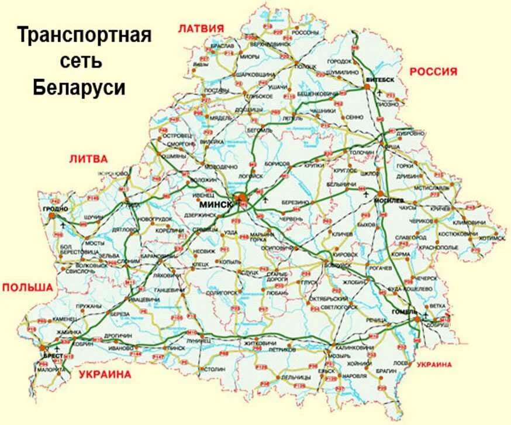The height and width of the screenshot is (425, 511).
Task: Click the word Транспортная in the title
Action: point(84,35)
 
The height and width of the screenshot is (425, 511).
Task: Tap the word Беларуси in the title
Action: point(79,88)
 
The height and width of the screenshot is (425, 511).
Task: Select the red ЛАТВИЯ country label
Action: point(202,28)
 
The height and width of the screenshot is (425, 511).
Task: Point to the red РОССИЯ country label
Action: point(433,71)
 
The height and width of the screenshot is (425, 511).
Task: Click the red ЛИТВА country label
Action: point(88,159)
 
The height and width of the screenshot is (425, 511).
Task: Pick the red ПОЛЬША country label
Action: point(27,287)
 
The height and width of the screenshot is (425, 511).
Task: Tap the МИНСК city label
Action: point(215,205)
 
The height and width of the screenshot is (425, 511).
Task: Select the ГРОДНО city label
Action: point(55,208)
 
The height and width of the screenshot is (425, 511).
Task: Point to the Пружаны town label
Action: point(89,306)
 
